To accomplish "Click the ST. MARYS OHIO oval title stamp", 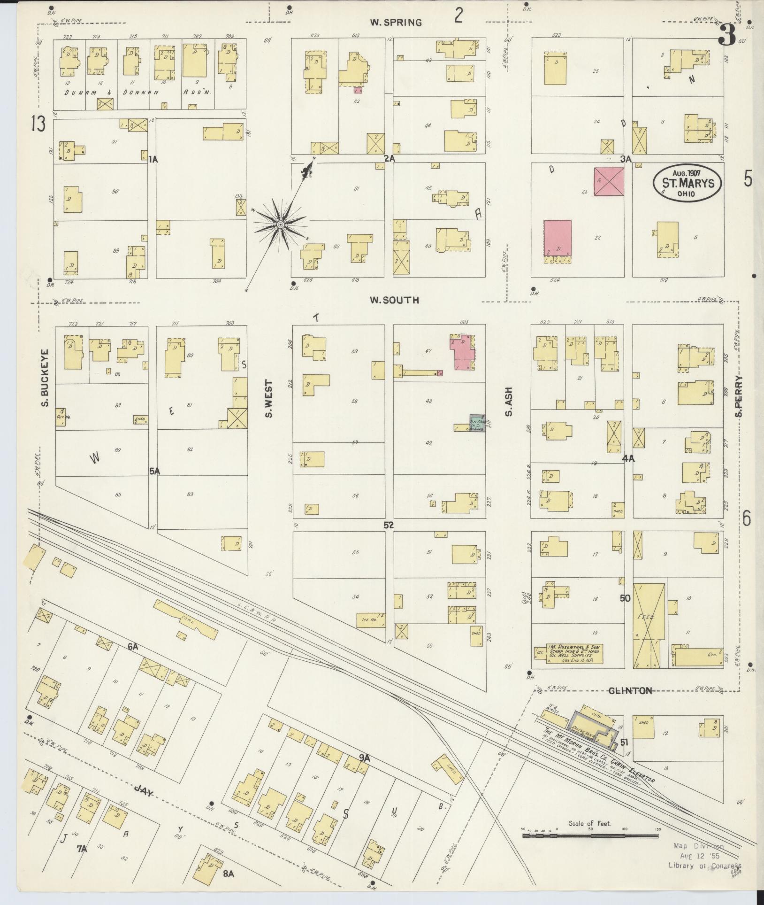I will point(688,183).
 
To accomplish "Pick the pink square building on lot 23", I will point(609,182).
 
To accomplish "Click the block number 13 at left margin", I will point(38,124).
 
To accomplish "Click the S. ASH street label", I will point(508,402).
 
